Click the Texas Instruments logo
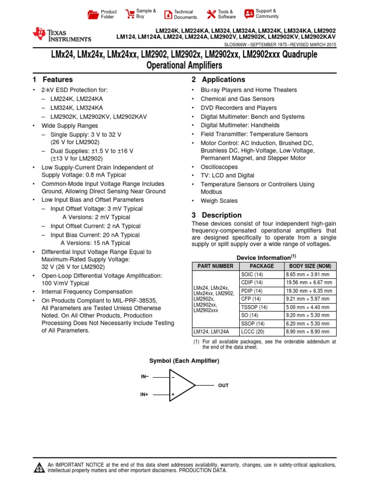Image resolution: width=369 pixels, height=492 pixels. click(61, 35)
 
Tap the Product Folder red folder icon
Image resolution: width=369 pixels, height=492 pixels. click(93, 14)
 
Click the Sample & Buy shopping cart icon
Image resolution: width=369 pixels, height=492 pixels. click(130, 13)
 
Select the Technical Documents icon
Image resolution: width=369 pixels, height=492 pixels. click(168, 14)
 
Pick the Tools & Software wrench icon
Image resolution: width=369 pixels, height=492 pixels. click(211, 14)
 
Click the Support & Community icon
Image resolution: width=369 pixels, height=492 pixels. click(248, 13)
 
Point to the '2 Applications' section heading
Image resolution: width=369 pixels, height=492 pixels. click(218, 80)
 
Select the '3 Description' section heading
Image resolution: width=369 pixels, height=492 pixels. click(216, 215)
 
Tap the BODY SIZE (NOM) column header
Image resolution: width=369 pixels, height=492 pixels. click(310, 266)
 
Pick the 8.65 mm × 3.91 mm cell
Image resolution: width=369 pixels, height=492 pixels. click(310, 274)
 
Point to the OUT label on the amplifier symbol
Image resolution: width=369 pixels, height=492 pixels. click(223, 385)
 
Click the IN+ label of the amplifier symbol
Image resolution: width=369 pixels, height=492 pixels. click(144, 394)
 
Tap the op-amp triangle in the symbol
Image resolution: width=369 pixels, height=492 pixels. click(181, 385)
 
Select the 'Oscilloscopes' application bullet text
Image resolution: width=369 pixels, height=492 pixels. click(220, 167)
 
